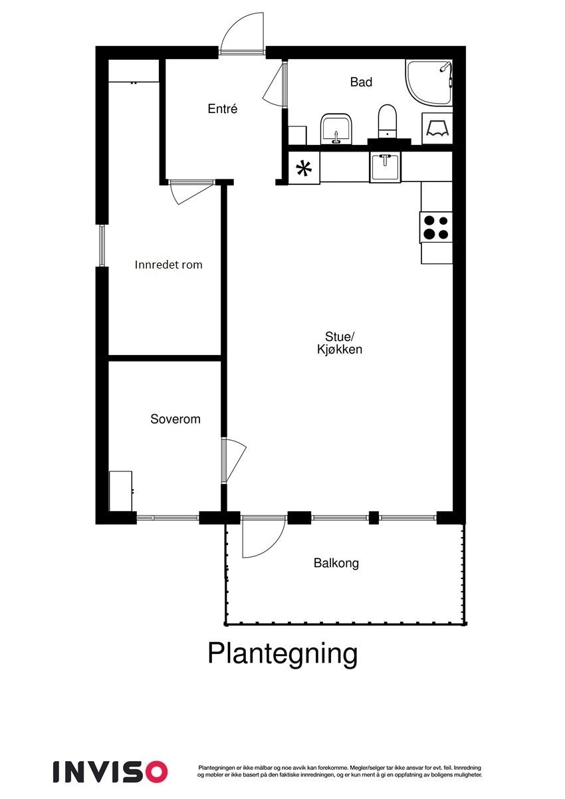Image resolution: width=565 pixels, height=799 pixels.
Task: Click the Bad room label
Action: [x=361, y=82]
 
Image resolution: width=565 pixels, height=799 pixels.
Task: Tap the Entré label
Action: [x=223, y=109]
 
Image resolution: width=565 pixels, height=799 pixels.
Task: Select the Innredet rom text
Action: [x=168, y=265]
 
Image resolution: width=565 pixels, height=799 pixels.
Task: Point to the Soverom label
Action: [x=175, y=419]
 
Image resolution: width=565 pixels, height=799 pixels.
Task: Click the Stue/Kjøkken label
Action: [x=340, y=343]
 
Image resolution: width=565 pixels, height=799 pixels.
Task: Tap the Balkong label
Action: [x=336, y=564]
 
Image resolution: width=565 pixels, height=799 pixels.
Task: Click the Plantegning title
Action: [x=282, y=653]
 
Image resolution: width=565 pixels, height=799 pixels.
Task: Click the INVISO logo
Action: [x=110, y=771]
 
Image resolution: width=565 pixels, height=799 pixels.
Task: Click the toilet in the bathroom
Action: [x=387, y=122]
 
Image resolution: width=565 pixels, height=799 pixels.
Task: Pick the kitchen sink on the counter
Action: [x=386, y=166]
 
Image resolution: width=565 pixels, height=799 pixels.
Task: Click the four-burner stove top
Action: [x=437, y=227]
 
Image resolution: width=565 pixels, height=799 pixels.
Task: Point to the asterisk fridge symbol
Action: [x=304, y=169]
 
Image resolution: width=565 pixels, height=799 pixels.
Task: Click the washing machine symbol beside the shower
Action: [x=437, y=128]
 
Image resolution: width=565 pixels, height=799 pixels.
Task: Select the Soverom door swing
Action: [x=233, y=460]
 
